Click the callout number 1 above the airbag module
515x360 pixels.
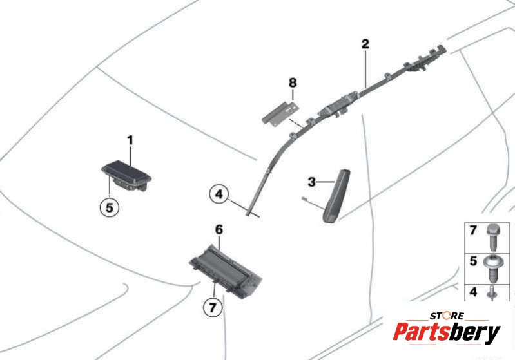pos(130,140)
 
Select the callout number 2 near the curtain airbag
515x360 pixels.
pos(365,44)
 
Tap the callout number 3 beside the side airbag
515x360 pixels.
pos(312,182)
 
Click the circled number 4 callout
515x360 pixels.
pos(219,194)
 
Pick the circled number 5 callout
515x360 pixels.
pos(110,207)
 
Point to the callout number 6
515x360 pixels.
pos(219,230)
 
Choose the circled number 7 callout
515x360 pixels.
pos(213,307)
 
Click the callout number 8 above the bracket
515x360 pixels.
pos(293,82)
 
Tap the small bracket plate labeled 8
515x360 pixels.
pos(281,113)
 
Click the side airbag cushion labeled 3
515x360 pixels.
pos(336,195)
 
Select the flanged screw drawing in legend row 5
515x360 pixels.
pos(493,269)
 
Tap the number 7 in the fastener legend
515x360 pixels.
pos(473,231)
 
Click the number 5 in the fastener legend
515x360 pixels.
pos(473,261)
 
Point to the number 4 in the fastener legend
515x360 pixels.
pos(473,292)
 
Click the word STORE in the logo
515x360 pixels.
pos(447,316)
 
